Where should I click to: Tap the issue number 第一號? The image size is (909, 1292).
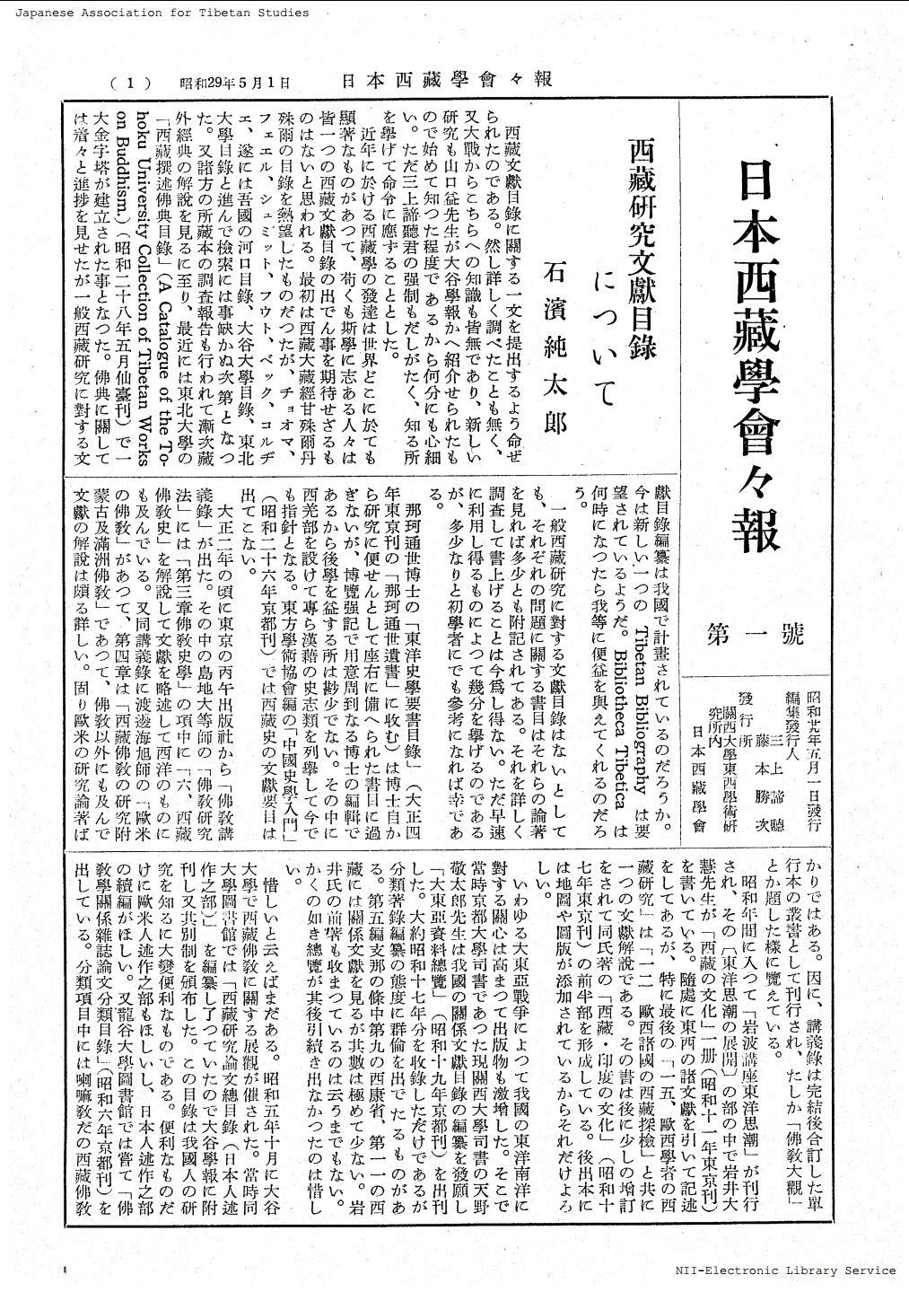756,635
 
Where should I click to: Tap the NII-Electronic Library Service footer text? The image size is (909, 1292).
785,1270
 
